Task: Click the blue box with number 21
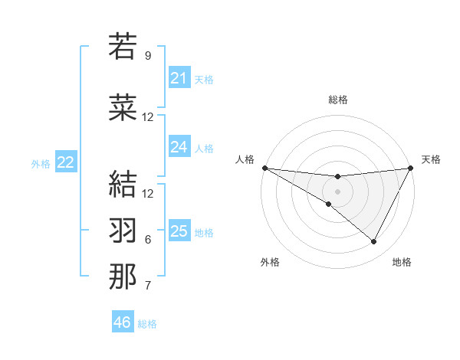(179, 78)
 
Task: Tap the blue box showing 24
(179, 147)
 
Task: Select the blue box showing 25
(179, 231)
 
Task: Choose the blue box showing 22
(66, 162)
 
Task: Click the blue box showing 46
(122, 322)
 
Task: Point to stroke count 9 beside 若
(148, 56)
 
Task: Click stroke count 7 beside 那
(148, 286)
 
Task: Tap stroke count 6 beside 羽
(148, 240)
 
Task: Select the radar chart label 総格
(337, 100)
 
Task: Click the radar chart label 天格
(431, 159)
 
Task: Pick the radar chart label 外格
(270, 262)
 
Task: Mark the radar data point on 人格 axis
(264, 168)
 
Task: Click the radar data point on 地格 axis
(374, 242)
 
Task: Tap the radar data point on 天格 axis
(410, 168)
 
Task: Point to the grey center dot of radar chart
(337, 191)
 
